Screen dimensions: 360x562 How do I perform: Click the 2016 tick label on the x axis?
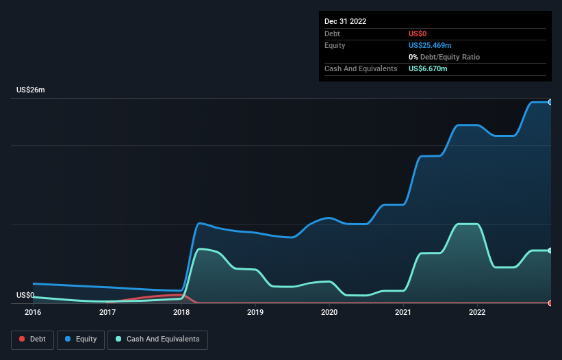tap(33, 312)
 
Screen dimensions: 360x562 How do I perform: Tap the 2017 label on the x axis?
tap(107, 312)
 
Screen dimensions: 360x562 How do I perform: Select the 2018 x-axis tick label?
tap(181, 312)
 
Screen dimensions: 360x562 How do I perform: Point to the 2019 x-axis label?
tap(255, 312)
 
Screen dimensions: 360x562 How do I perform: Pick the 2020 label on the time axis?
tap(329, 312)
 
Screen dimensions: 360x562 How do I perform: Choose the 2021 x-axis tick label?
tap(403, 312)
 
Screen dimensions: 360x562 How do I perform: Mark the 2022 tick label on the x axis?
tap(477, 312)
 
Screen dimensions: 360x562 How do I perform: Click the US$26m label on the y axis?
tap(31, 90)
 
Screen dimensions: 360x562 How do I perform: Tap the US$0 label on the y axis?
tap(25, 295)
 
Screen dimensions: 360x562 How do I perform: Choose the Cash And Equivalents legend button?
tap(157, 339)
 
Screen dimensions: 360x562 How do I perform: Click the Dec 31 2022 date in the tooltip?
tap(346, 21)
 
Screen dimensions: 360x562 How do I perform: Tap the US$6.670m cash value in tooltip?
tap(428, 68)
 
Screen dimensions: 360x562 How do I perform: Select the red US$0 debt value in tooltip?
tap(418, 34)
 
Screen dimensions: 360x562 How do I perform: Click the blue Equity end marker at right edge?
tap(550, 102)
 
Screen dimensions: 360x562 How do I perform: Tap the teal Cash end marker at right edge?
tap(550, 250)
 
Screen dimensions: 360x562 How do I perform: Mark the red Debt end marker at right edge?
tap(550, 303)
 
